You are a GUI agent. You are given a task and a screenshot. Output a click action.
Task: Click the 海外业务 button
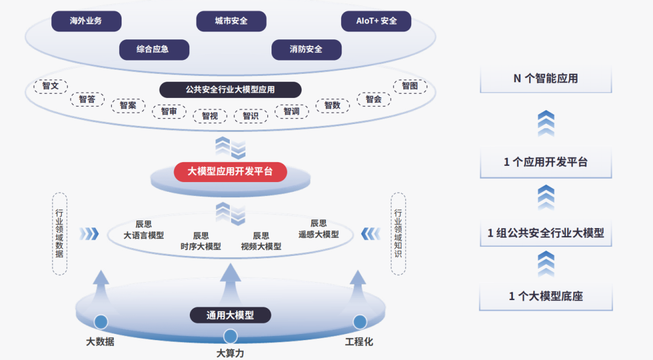tap(86, 21)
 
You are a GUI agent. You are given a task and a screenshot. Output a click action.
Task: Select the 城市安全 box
tap(231, 21)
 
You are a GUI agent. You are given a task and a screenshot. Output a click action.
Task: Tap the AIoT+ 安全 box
tap(376, 21)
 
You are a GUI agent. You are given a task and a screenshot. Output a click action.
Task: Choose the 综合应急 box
tap(154, 50)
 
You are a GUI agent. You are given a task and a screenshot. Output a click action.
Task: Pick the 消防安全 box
tap(307, 50)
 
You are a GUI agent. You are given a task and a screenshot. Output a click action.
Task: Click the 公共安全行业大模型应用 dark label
tap(230, 90)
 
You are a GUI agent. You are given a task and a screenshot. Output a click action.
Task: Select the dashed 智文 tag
tap(51, 86)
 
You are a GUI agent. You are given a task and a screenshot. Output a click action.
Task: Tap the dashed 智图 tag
tap(410, 86)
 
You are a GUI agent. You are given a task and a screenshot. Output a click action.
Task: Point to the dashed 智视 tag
tap(210, 116)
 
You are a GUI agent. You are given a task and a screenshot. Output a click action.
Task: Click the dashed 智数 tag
tap(333, 105)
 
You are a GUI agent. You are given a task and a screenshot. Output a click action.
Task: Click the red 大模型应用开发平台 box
tap(230, 172)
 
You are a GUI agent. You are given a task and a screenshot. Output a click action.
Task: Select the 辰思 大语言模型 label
tap(144, 230)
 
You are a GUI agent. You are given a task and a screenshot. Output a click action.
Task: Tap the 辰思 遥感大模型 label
tap(319, 229)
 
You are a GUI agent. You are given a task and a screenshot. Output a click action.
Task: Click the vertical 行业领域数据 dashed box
tap(59, 234)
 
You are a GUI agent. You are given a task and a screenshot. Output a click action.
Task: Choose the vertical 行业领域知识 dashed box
tap(398, 234)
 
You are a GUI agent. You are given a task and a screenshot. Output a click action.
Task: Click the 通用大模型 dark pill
tap(230, 315)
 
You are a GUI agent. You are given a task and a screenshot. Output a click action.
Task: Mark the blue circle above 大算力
tap(230, 336)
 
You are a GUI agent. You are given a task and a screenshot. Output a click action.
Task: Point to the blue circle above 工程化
tap(360, 322)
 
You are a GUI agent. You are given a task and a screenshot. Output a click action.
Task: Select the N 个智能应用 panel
tap(545, 79)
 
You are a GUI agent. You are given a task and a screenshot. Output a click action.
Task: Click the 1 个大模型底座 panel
tap(545, 296)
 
